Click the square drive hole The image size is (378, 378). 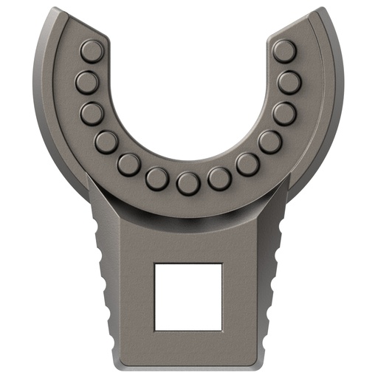[188, 295]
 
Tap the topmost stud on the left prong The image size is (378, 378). [92, 51]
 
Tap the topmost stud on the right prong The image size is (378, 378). [283, 51]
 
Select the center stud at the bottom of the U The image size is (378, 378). [188, 182]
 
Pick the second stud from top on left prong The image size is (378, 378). [86, 82]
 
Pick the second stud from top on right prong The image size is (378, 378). [289, 82]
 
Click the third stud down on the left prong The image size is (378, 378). [92, 113]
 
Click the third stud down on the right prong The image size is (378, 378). [283, 113]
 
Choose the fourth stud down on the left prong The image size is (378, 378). [106, 141]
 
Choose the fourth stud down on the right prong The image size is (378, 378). [270, 141]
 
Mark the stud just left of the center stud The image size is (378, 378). [157, 178]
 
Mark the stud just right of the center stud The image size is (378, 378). [219, 178]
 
